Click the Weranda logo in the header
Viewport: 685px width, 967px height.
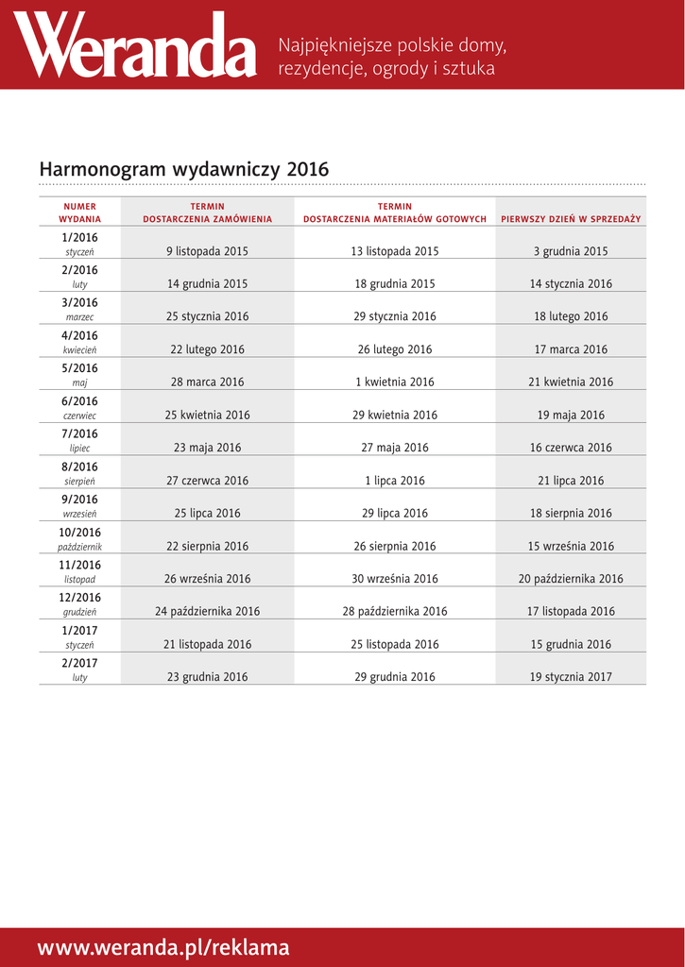click(135, 46)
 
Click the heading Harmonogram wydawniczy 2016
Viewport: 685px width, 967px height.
click(184, 169)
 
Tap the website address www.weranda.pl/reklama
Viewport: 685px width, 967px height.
click(163, 948)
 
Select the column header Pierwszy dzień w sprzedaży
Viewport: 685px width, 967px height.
click(571, 219)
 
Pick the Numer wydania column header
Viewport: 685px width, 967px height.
click(79, 212)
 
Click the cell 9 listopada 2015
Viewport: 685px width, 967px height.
click(207, 251)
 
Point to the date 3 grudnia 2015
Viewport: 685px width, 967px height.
click(571, 251)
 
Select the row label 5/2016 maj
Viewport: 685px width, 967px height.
click(79, 374)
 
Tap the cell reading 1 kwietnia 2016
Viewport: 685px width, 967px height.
click(395, 382)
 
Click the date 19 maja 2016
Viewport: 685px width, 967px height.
click(571, 416)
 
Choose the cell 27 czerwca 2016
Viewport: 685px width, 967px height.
click(207, 481)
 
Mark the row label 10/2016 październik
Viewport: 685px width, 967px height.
click(79, 538)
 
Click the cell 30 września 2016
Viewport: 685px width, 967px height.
click(395, 579)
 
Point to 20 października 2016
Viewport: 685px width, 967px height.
click(571, 579)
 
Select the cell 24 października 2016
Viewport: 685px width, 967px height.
click(207, 612)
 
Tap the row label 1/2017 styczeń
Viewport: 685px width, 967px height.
click(79, 636)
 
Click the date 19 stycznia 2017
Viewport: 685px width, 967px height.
click(571, 677)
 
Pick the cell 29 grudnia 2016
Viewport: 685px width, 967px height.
click(395, 677)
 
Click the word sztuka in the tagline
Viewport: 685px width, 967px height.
click(468, 69)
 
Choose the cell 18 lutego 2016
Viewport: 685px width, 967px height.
click(571, 317)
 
